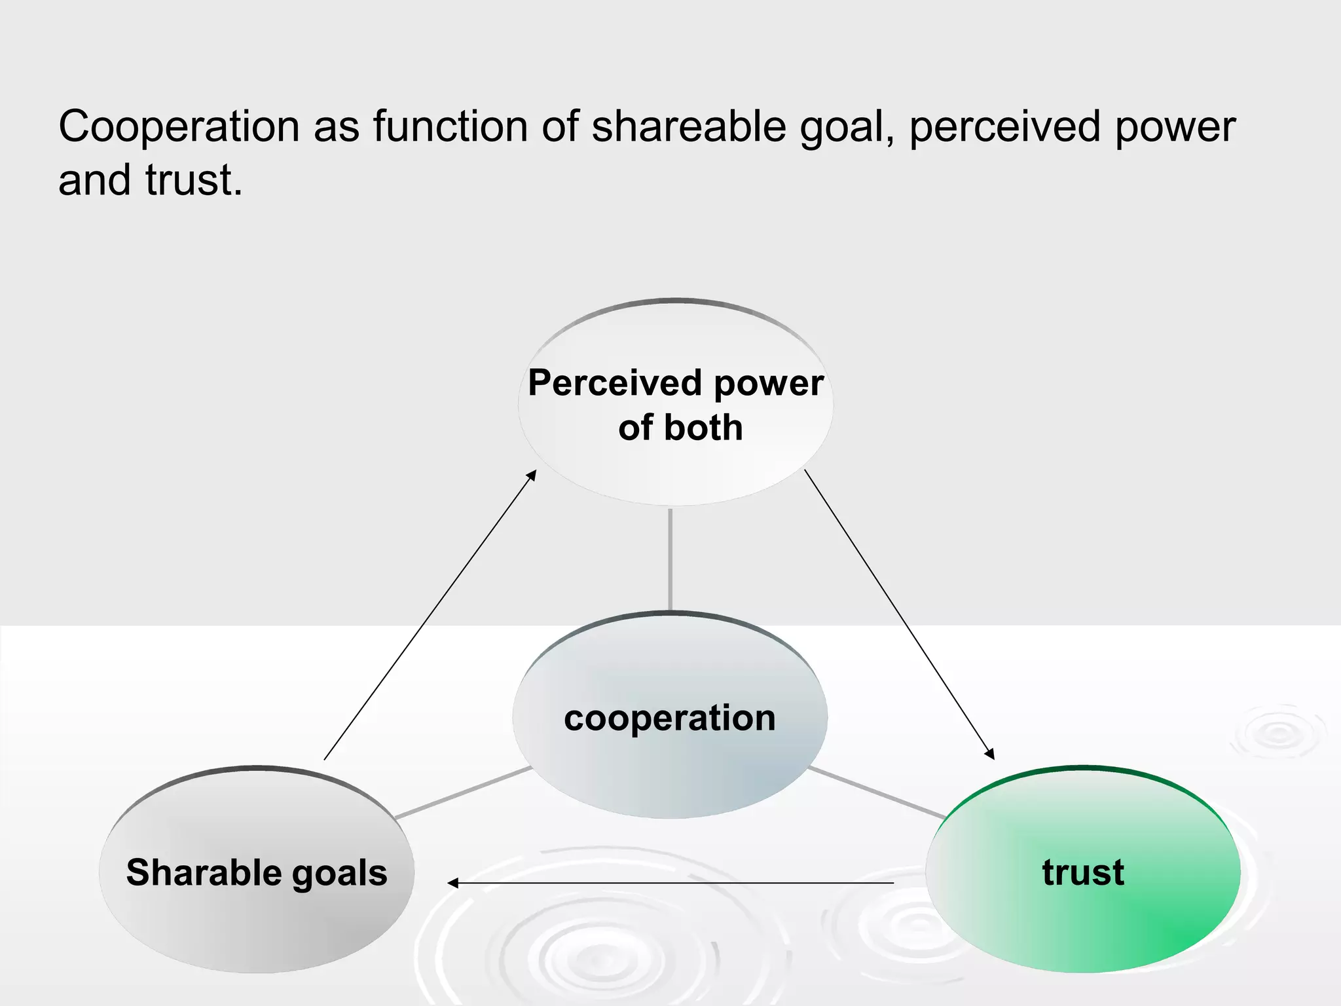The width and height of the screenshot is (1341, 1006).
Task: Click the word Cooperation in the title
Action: click(179, 126)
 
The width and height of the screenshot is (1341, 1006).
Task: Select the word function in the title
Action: click(450, 126)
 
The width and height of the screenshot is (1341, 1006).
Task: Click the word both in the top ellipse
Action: click(703, 428)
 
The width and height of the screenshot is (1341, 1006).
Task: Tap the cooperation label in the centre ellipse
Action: click(670, 718)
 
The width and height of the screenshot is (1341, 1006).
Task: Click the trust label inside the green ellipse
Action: click(1083, 872)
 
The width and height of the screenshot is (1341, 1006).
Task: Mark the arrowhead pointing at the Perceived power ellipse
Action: click(532, 474)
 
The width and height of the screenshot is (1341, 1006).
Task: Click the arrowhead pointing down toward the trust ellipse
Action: click(990, 754)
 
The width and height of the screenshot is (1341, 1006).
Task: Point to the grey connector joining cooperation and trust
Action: click(876, 792)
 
